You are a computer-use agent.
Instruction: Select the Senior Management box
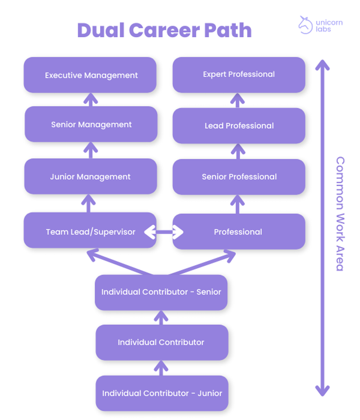click(x=91, y=124)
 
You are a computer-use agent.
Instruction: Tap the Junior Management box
click(x=90, y=177)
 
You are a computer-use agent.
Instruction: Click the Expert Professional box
click(x=239, y=74)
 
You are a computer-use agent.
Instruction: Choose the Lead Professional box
click(x=239, y=126)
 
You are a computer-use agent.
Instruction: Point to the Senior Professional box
click(x=239, y=177)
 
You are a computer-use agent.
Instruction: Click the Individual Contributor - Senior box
click(x=161, y=292)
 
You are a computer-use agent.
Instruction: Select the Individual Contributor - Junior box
click(x=162, y=393)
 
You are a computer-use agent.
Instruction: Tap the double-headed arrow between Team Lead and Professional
click(x=164, y=232)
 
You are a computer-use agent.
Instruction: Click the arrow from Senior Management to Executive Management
click(x=91, y=100)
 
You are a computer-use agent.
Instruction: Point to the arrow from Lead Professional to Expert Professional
click(x=238, y=100)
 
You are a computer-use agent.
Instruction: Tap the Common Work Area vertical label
click(x=340, y=213)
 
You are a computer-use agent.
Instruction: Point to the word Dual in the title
click(x=100, y=31)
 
